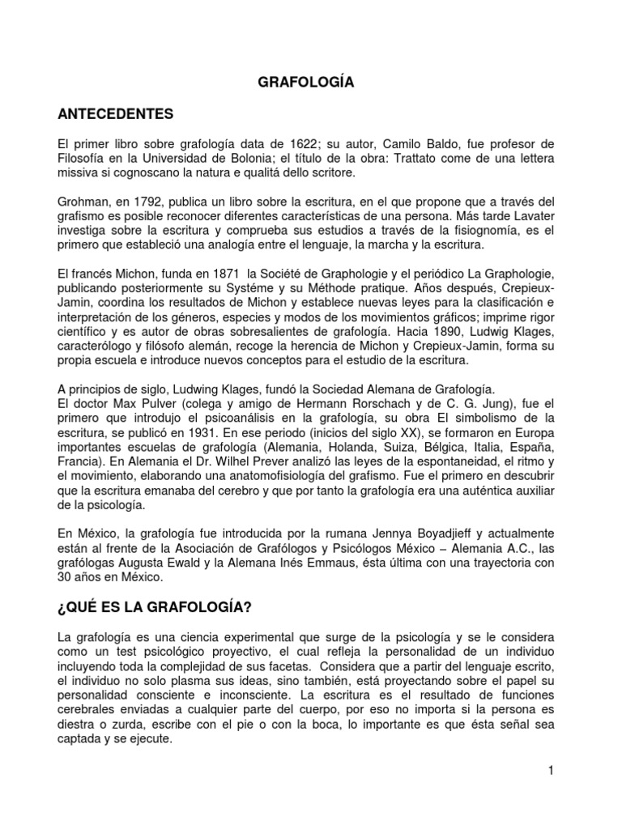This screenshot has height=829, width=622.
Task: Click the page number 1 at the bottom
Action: tap(549, 772)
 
